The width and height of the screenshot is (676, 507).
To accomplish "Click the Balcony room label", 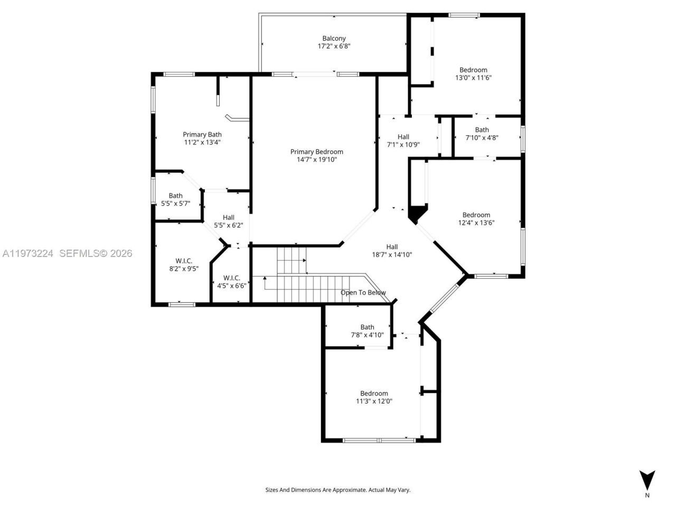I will (334, 38).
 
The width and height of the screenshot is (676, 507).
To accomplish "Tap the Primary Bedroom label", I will (316, 152).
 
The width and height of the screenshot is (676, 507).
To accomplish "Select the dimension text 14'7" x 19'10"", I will (316, 159).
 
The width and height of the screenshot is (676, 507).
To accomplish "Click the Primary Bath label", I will (202, 135).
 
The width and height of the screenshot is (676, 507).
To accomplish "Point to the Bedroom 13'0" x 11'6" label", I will (473, 70).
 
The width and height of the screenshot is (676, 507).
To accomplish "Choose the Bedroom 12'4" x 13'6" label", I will (476, 215).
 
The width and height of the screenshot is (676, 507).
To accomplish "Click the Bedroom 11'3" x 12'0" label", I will (374, 393).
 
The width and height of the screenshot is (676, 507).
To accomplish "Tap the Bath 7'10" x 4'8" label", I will (482, 130).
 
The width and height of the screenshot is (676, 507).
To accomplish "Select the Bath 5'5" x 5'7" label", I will (175, 196).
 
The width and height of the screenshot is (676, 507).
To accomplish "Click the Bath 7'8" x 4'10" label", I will (367, 327).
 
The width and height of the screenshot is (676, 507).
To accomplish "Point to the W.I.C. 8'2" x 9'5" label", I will (184, 261).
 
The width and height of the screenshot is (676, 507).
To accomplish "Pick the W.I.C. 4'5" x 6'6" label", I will (231, 278).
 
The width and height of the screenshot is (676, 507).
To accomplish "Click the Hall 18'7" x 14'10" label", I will (392, 247).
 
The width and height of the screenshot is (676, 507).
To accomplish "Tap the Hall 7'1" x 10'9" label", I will (403, 137).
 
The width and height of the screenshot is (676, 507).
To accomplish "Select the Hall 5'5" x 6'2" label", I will (228, 218).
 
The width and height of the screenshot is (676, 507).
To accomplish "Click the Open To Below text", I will (363, 293).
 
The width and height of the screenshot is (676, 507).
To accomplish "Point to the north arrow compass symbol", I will (647, 479).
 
